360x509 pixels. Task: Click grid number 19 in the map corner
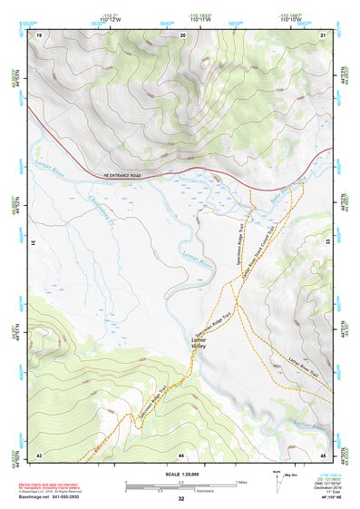point(39,34)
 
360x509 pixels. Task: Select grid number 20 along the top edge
point(183,34)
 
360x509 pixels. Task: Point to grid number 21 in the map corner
point(324,34)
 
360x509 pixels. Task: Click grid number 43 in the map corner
point(39,454)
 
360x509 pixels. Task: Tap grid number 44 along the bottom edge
point(181,454)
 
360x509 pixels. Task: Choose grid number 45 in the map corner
point(324,454)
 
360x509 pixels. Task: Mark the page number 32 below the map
point(181,500)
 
